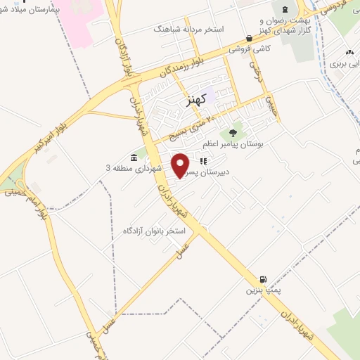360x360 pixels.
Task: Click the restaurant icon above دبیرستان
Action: point(202,160)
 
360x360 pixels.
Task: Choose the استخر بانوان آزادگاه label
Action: point(153,231)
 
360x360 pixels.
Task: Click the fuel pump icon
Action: point(263,279)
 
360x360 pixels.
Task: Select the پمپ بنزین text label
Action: point(257,290)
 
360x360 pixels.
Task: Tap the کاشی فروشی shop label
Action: point(252,49)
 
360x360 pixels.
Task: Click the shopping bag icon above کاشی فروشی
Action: point(249,38)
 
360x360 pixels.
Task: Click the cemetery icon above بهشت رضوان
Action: point(284,9)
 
